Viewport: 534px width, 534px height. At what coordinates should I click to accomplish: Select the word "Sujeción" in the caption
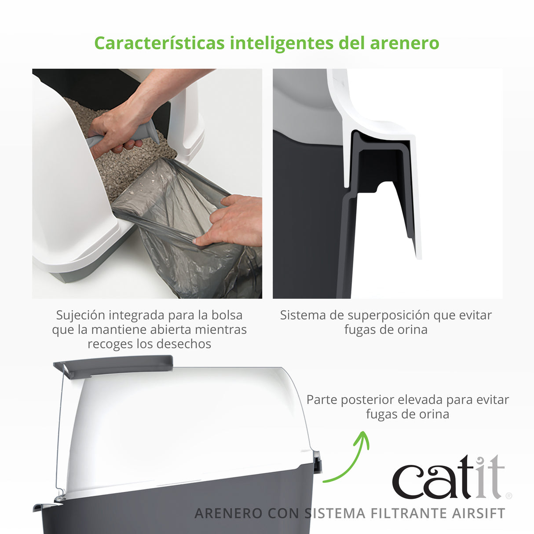pos(80,315)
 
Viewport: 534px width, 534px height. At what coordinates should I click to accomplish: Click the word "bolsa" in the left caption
pos(227,315)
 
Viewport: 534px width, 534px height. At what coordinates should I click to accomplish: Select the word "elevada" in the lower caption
pos(421,400)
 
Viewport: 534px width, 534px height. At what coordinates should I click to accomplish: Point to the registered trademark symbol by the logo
pos(509,496)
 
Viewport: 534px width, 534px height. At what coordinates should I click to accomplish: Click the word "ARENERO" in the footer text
pos(228,513)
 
